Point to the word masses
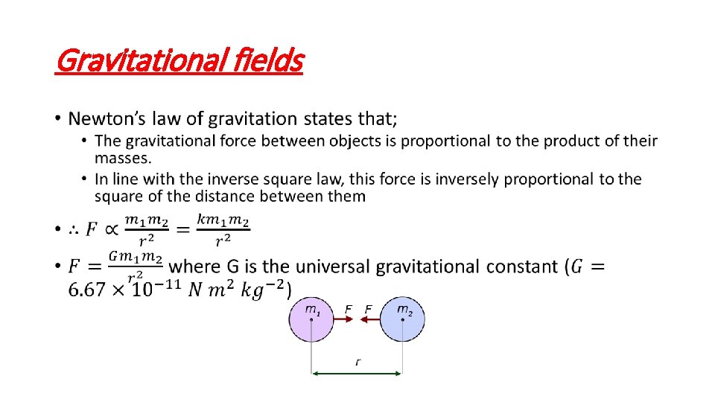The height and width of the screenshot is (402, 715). (122, 158)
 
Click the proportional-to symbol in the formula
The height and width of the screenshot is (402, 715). (111, 230)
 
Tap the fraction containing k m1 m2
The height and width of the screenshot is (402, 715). (223, 229)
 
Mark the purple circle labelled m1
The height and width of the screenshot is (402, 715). (311, 320)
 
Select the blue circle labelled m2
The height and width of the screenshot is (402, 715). (402, 320)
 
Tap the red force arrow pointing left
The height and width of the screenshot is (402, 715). (370, 320)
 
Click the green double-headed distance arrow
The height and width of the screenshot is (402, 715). (357, 374)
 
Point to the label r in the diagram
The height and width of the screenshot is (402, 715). (357, 362)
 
